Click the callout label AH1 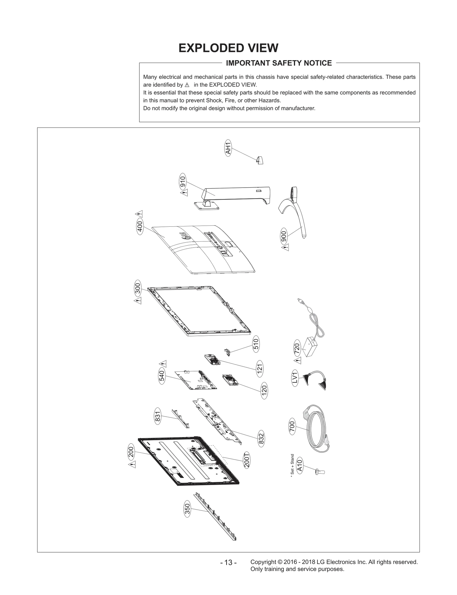(228, 148)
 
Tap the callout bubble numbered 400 (140, 227)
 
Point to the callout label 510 (256, 344)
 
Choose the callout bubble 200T (247, 460)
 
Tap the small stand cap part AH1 (260, 161)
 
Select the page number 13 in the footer (228, 562)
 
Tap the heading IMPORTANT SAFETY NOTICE (279, 63)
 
